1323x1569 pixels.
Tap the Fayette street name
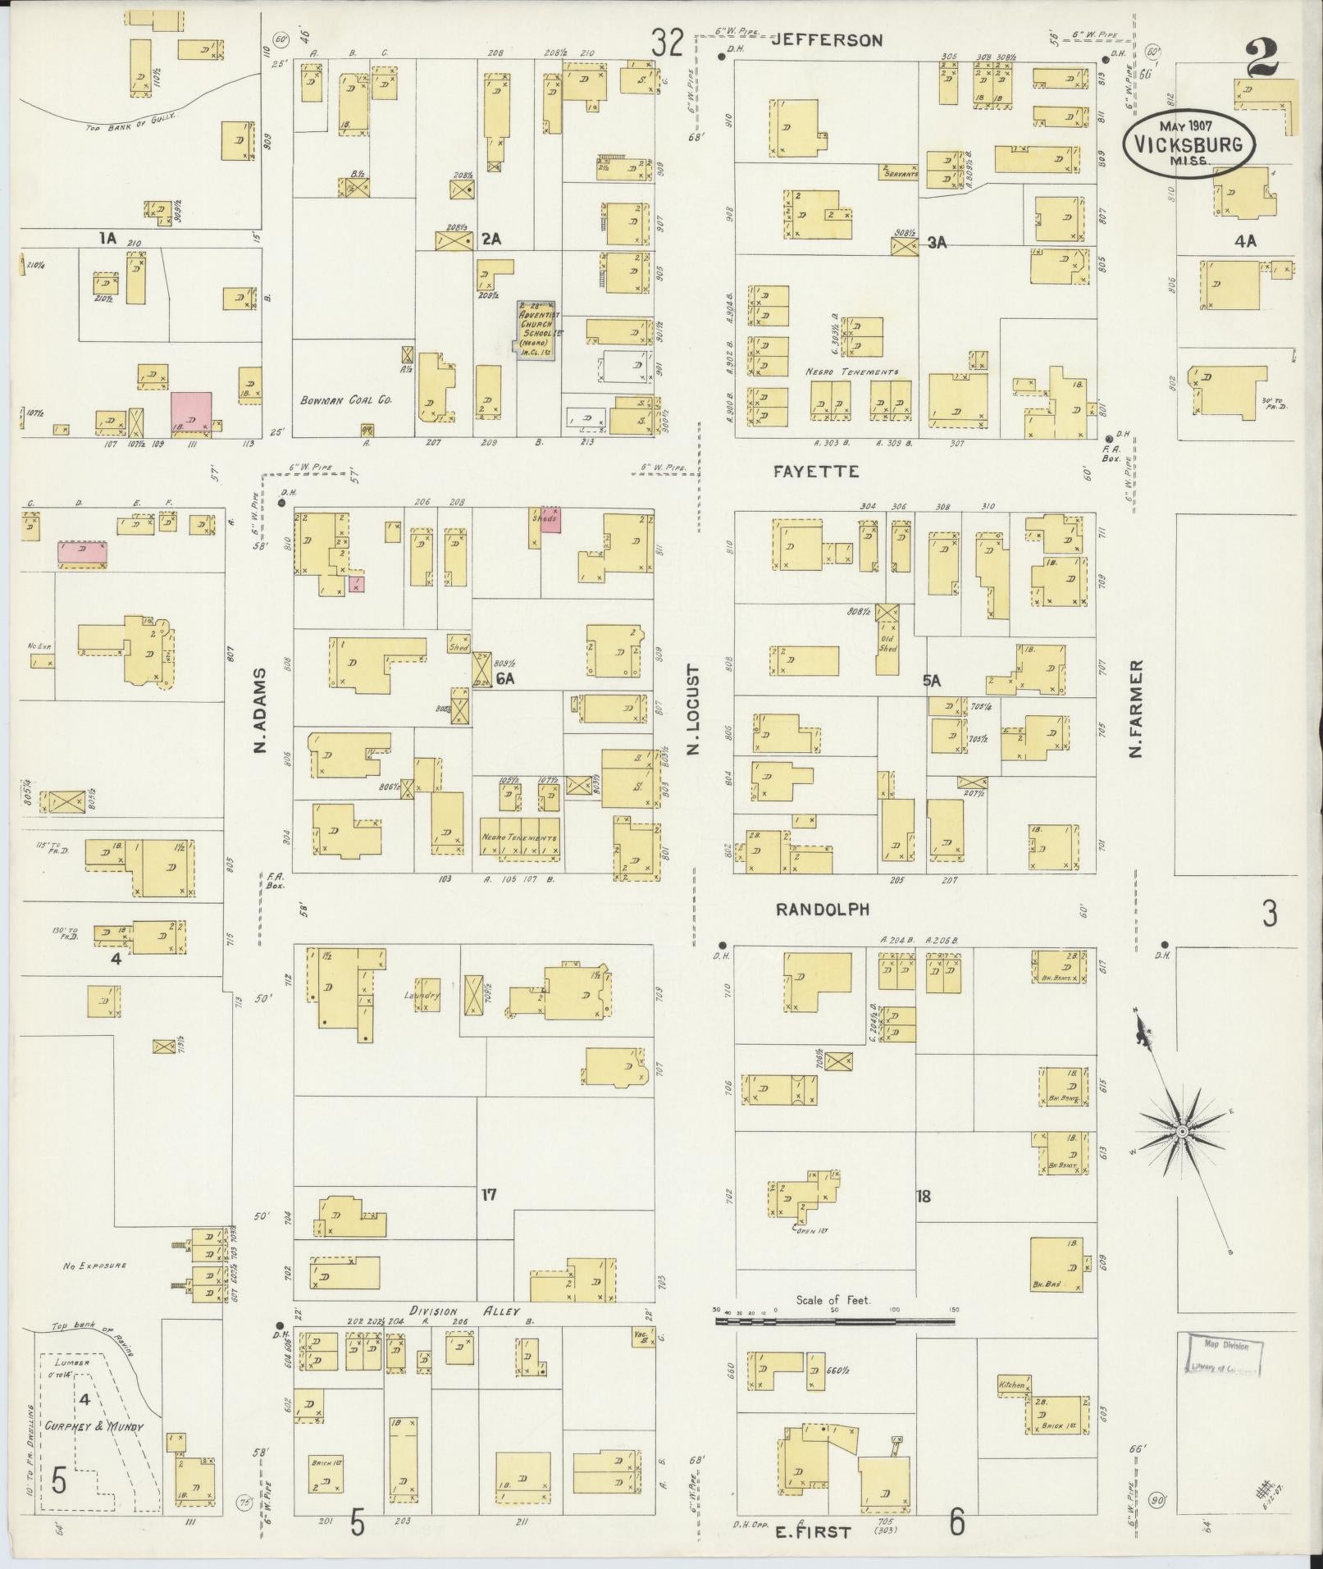click(x=816, y=472)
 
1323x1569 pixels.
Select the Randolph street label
click(x=823, y=910)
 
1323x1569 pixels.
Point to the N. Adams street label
click(x=261, y=710)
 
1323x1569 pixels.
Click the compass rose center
click(x=1183, y=1132)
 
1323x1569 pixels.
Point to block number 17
click(x=489, y=1195)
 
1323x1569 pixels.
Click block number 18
click(x=924, y=1196)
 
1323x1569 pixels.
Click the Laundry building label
click(x=422, y=996)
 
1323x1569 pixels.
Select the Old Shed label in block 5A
click(x=887, y=642)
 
